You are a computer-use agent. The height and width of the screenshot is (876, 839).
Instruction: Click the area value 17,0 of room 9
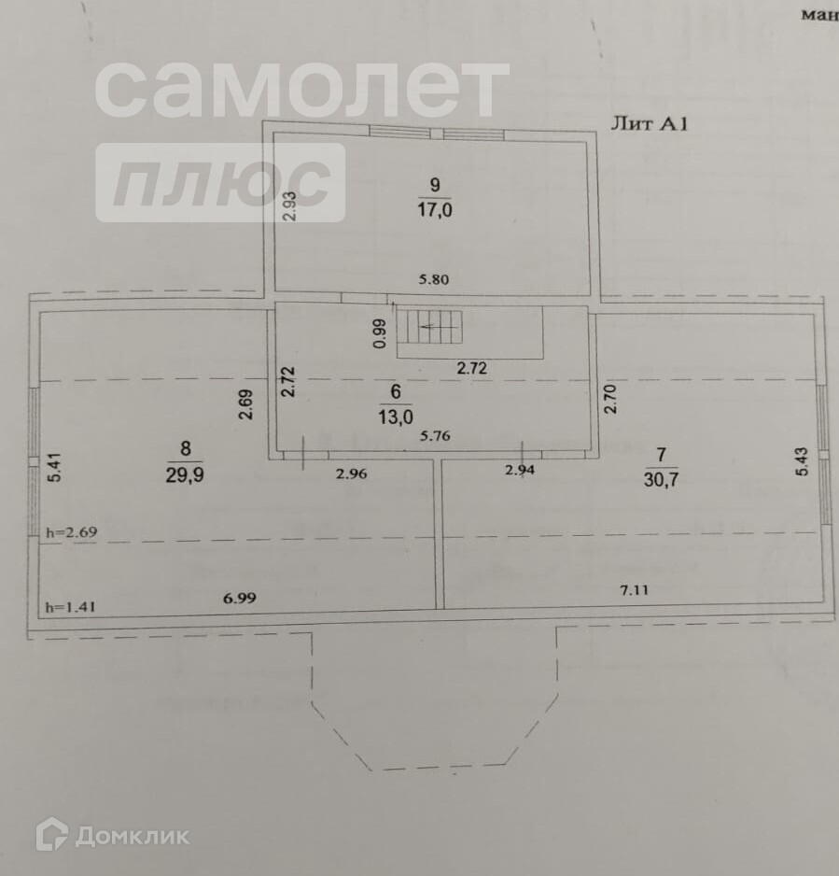pyautogui.click(x=435, y=211)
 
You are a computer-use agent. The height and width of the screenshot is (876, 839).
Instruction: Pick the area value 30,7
pyautogui.click(x=661, y=480)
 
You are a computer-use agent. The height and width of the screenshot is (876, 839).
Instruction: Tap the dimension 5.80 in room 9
pyautogui.click(x=433, y=278)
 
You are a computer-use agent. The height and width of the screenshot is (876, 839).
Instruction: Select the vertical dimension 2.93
pyautogui.click(x=290, y=205)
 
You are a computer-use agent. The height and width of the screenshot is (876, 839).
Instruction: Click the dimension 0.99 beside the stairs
pyautogui.click(x=378, y=333)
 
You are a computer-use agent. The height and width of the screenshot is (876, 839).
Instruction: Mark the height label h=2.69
pyautogui.click(x=71, y=532)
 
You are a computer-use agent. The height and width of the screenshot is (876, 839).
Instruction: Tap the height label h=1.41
pyautogui.click(x=71, y=607)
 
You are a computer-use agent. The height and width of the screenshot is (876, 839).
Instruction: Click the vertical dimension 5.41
pyautogui.click(x=54, y=467)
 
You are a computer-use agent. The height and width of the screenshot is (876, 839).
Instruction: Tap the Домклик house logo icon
pyautogui.click(x=51, y=834)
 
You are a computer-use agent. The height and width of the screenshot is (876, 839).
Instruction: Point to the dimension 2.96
pyautogui.click(x=351, y=473)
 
